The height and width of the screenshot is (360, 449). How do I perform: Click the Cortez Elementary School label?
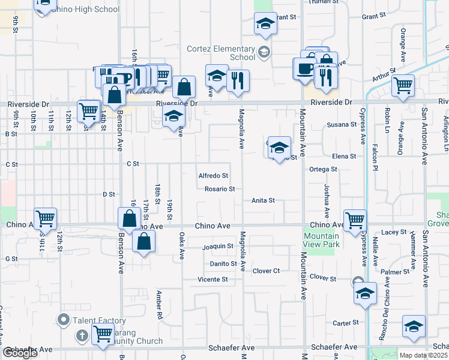point(223,53)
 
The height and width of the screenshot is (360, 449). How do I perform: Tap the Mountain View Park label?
point(322,240)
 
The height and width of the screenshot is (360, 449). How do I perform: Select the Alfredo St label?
point(213,176)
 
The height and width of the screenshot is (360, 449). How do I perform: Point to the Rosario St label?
point(219,188)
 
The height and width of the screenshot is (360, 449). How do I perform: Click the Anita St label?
point(263,200)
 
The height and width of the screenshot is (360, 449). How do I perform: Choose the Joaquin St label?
point(217,246)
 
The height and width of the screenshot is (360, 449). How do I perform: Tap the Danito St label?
point(223,263)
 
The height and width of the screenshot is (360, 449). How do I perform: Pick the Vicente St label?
point(213,280)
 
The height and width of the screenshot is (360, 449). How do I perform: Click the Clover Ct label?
point(267,271)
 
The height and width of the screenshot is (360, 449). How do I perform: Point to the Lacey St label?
point(394,232)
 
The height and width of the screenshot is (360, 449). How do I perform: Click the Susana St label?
point(337,125)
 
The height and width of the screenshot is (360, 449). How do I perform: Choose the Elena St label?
point(344,156)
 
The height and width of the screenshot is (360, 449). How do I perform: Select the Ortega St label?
point(323,169)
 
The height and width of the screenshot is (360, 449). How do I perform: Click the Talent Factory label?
point(100,321)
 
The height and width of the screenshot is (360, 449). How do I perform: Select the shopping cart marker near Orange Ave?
point(403,85)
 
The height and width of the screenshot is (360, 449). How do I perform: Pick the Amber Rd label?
point(160,299)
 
